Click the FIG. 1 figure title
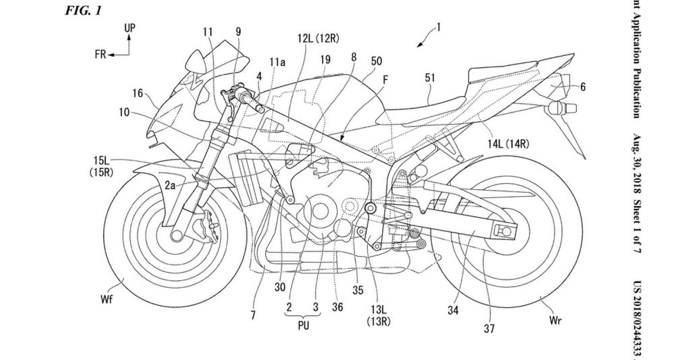(83, 11)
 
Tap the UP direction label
(130, 28)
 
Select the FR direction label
(100, 55)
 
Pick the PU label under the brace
(303, 326)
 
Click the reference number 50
(377, 61)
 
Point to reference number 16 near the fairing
(138, 93)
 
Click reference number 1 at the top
(438, 27)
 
